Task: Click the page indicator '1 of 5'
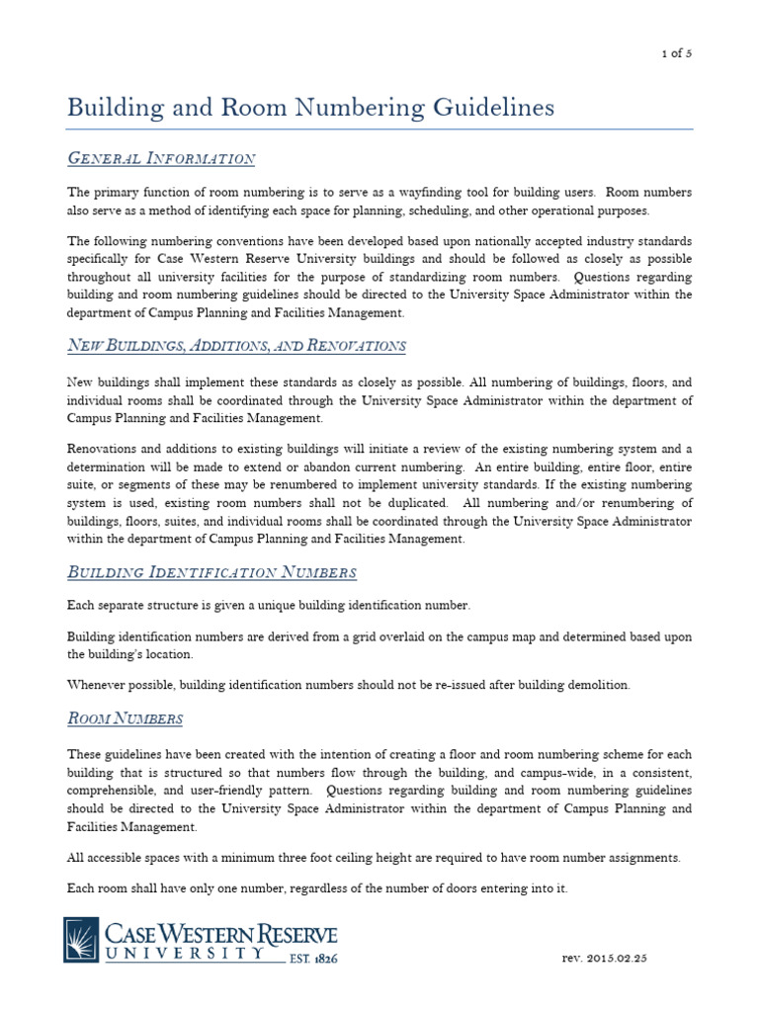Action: [676, 54]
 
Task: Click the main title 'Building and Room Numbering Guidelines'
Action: [310, 108]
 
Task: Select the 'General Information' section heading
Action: [161, 159]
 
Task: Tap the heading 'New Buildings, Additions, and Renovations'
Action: [236, 345]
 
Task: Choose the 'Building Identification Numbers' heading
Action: [211, 572]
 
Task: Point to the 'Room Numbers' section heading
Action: [125, 717]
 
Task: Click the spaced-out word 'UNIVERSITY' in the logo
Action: [187, 955]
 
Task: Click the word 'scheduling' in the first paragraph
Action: [479, 210]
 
